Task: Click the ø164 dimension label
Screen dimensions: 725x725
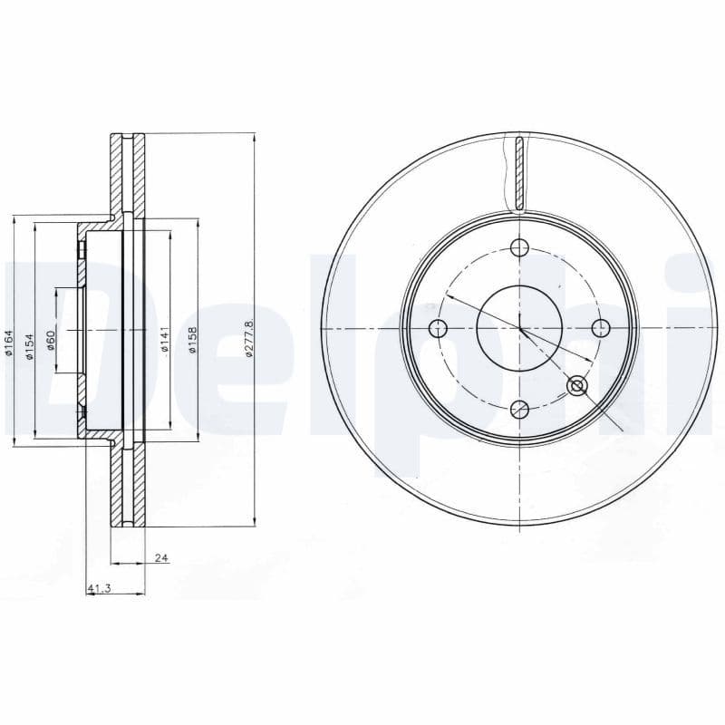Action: pos(8,343)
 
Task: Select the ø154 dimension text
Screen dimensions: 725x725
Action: pos(29,343)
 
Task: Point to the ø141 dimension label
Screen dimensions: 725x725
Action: pos(164,339)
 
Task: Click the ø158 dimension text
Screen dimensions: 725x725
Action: pos(193,339)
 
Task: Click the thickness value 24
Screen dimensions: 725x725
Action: pos(161,558)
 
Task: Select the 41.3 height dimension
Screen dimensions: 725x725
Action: pos(99,590)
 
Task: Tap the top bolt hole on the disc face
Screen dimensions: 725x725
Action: pos(519,247)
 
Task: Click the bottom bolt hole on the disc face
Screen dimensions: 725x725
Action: pos(519,409)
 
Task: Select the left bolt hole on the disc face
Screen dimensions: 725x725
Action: pos(439,328)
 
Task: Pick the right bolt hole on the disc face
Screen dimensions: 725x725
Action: pos(600,328)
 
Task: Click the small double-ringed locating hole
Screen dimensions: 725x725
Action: pos(576,386)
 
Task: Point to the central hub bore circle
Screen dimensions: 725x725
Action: pos(519,328)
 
